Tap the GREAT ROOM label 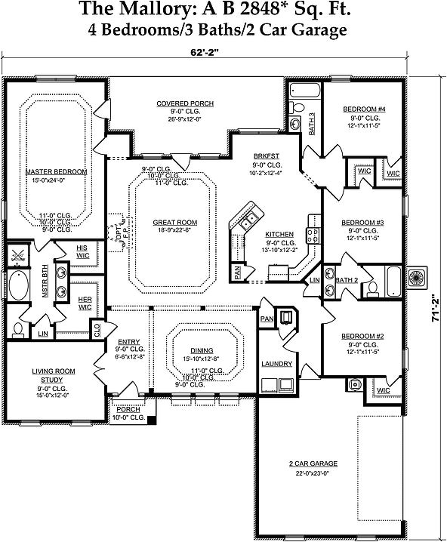click(x=174, y=223)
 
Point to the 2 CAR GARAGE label click(x=313, y=463)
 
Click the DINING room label click(x=202, y=350)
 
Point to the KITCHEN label click(x=279, y=235)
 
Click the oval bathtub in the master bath click(x=19, y=288)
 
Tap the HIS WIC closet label click(x=82, y=251)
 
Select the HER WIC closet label click(x=85, y=303)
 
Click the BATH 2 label click(x=346, y=280)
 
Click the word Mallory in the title click(x=145, y=9)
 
